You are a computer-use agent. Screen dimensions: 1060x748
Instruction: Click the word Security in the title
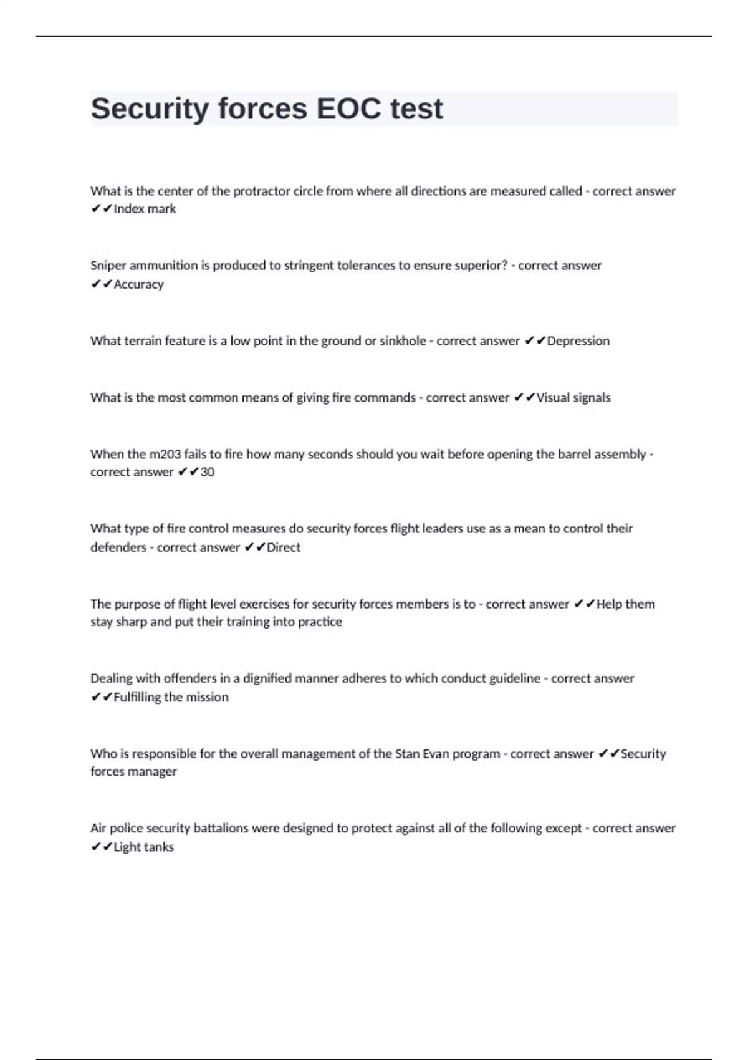tap(150, 108)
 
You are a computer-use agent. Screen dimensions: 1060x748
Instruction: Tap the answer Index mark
tap(145, 209)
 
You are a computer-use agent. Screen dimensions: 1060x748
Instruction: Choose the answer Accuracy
tap(138, 284)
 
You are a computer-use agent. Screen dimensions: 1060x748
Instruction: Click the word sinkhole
tap(403, 341)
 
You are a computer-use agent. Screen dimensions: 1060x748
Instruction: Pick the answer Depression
tap(578, 341)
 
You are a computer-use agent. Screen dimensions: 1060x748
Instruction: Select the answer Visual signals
tap(573, 398)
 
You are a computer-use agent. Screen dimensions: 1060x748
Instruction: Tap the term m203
tap(165, 455)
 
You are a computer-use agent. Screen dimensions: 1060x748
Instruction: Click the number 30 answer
tap(207, 472)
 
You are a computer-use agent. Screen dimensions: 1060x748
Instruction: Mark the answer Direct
tap(283, 547)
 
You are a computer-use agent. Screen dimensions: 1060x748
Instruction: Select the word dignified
tap(267, 678)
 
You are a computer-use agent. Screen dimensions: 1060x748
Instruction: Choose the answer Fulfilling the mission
tap(171, 697)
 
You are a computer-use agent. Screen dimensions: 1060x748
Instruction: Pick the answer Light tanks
tap(143, 847)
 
